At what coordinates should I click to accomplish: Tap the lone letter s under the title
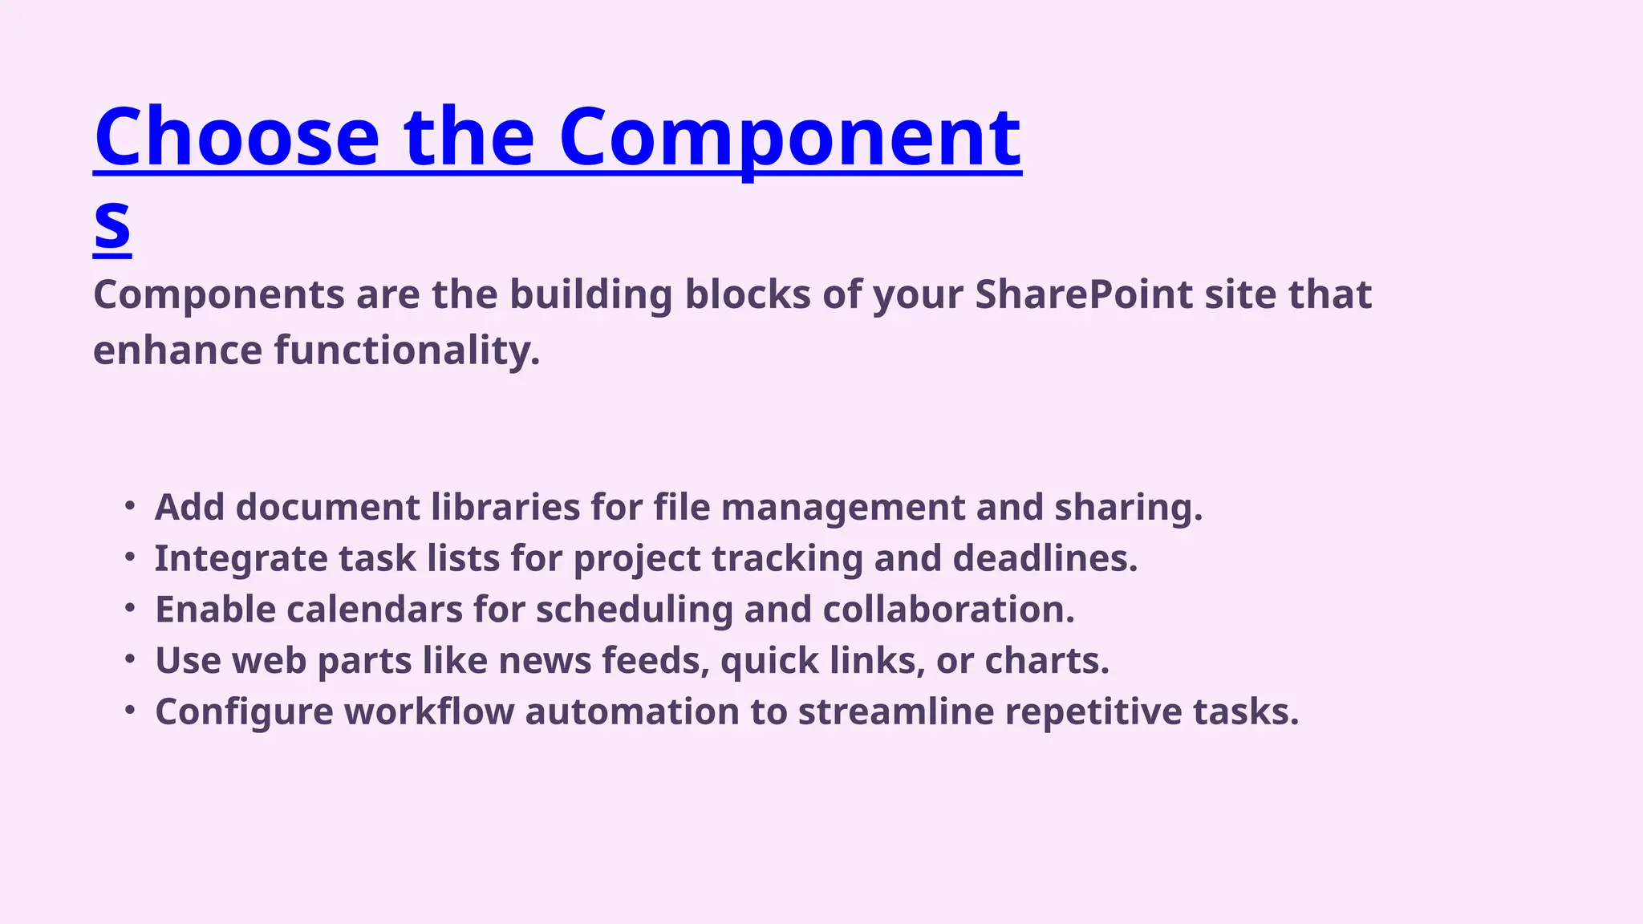click(112, 224)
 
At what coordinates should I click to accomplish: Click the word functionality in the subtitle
click(407, 351)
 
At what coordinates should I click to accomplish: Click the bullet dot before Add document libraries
click(130, 506)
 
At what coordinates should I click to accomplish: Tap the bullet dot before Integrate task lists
click(130, 557)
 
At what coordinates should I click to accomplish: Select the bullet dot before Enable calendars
click(130, 609)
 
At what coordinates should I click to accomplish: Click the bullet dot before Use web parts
click(130, 660)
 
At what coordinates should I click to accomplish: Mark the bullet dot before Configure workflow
click(130, 711)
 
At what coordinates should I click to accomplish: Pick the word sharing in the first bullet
click(1128, 507)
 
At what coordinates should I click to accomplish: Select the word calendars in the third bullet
click(374, 610)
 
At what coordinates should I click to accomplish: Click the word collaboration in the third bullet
click(948, 610)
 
